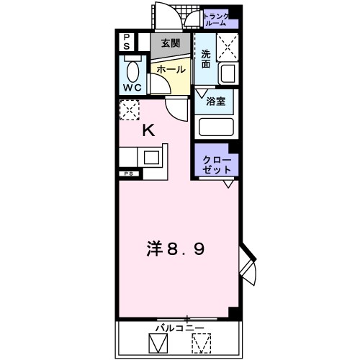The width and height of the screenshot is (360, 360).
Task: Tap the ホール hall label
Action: (171, 70)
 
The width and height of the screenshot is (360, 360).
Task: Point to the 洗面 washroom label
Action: (205, 59)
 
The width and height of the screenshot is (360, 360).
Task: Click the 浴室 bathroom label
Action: (217, 102)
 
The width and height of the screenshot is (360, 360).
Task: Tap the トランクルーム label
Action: (216, 19)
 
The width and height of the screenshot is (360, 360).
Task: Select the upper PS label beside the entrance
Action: (126, 42)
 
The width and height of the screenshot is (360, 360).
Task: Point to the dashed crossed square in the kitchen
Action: (130, 111)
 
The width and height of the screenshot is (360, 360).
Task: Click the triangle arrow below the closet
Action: (227, 185)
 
